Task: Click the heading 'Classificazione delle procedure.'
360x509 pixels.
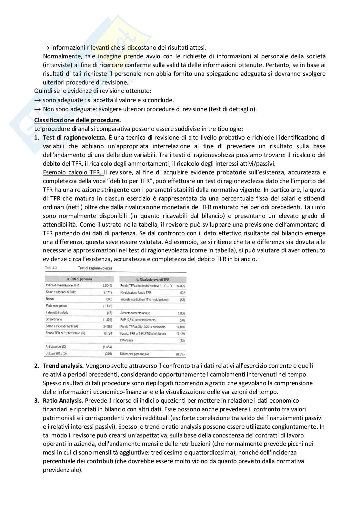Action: (x=77, y=120)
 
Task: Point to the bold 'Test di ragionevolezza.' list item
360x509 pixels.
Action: (x=75, y=138)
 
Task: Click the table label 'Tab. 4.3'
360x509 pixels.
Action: (x=51, y=268)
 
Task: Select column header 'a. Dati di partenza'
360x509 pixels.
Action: (x=79, y=279)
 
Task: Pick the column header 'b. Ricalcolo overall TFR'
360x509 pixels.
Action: (x=153, y=279)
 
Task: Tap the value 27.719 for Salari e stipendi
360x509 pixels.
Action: (x=108, y=292)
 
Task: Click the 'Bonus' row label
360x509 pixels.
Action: (x=50, y=299)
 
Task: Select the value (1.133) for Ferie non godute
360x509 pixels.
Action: (x=107, y=306)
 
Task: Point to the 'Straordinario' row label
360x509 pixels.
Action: (x=54, y=319)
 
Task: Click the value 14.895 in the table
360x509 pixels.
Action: (x=181, y=286)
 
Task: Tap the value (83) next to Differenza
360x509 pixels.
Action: (x=182, y=340)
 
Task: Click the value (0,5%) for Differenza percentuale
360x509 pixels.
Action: (x=180, y=354)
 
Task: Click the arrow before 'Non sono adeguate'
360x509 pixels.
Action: (x=37, y=109)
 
